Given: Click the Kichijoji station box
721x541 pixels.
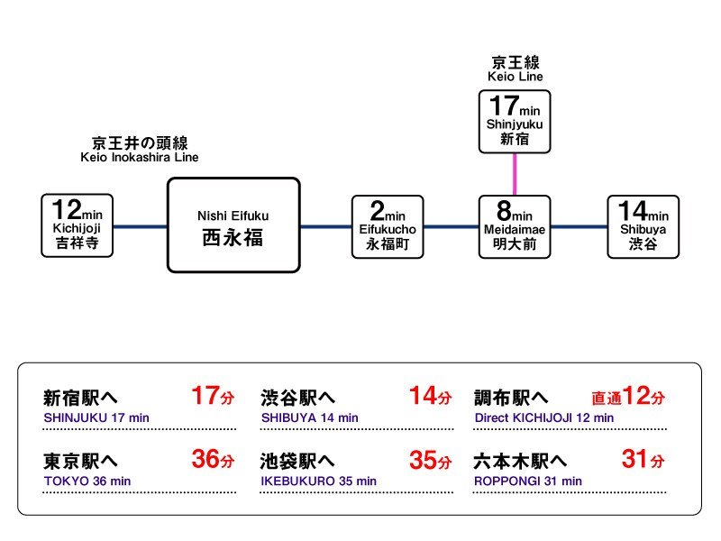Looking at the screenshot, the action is [x=78, y=225].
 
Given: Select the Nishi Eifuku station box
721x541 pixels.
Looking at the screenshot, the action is [x=233, y=225].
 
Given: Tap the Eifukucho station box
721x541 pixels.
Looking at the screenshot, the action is [x=388, y=227].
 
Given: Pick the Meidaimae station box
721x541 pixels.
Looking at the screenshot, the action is [x=515, y=227].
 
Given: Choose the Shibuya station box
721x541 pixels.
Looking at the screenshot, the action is [x=643, y=227].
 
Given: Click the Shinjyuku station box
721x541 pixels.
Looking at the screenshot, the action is [x=515, y=122].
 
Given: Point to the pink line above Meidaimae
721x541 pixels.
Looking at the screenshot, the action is [x=515, y=174].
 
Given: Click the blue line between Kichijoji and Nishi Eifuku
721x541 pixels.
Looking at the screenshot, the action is [x=141, y=226].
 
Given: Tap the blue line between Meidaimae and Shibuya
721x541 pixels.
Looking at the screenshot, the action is [x=579, y=226].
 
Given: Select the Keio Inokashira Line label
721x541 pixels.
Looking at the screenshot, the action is [x=140, y=150].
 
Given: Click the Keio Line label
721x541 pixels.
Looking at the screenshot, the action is [x=515, y=69].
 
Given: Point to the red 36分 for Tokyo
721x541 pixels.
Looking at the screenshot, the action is [x=213, y=459].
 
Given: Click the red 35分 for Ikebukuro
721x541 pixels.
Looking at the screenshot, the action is [x=431, y=460].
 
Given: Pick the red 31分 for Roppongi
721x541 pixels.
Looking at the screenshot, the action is [x=643, y=459].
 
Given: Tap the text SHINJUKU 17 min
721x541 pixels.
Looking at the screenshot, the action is [x=96, y=417].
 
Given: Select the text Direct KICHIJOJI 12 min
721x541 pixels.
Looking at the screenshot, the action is [x=544, y=417].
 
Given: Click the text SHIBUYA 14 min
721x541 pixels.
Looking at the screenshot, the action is [x=309, y=417].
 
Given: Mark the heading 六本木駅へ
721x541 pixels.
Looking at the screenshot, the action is [x=520, y=461].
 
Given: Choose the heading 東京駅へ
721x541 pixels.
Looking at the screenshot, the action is [x=80, y=461].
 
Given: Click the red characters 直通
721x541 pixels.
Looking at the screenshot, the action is [x=607, y=398].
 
